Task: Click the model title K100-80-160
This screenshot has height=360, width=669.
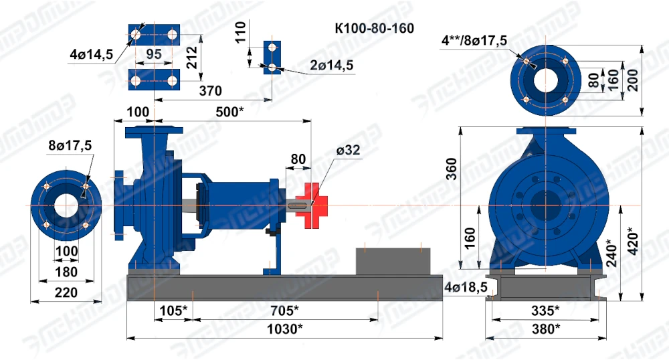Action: click(374, 28)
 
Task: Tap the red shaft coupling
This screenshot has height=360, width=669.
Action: click(312, 205)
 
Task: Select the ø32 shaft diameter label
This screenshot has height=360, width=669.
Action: click(348, 150)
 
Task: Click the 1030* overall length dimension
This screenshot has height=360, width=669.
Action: click(284, 329)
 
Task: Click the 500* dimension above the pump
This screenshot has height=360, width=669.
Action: click(229, 112)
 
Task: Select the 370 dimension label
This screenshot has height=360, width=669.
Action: click(210, 91)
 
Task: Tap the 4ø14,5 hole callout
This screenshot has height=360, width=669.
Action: click(91, 54)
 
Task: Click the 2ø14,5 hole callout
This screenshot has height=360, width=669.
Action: click(332, 66)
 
